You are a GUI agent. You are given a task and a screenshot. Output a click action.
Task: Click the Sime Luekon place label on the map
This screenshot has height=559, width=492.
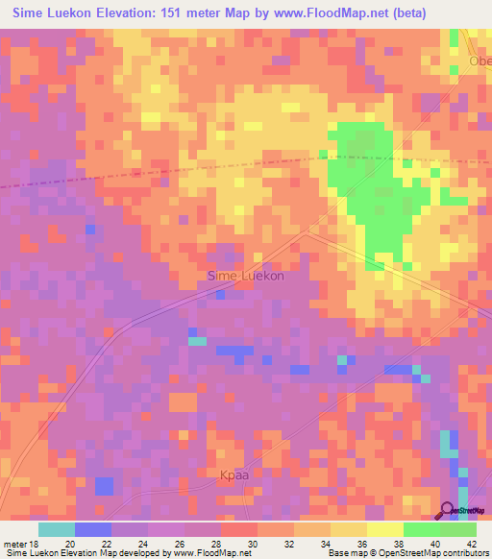tap(245, 276)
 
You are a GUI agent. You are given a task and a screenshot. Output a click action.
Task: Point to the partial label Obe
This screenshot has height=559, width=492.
tap(480, 61)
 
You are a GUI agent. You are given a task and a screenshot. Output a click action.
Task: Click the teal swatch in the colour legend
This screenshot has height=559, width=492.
tap(57, 529)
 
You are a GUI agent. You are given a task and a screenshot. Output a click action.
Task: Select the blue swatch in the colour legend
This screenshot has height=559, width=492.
tap(93, 529)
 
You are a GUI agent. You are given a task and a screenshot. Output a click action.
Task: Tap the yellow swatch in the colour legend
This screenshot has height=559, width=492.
tap(384, 529)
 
